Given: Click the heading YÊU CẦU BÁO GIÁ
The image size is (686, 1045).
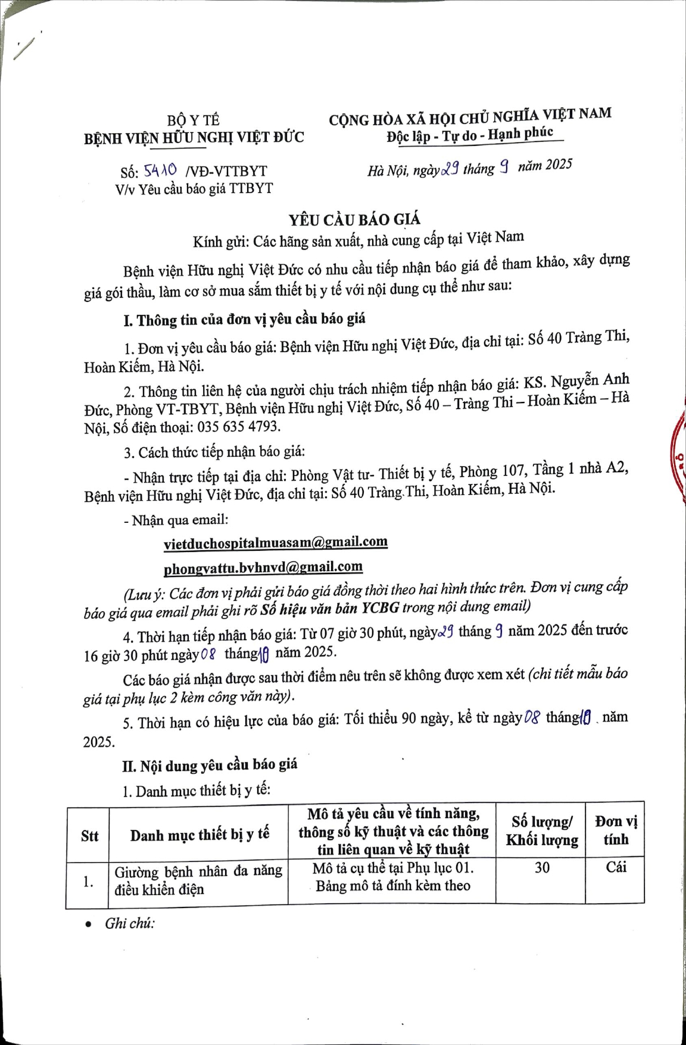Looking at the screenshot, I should (x=354, y=220).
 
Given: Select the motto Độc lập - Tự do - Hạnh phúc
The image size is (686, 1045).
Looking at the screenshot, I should (x=469, y=135).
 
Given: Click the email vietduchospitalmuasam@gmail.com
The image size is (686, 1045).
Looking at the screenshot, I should (x=275, y=542).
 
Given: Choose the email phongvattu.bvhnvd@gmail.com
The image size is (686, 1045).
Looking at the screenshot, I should (x=263, y=567).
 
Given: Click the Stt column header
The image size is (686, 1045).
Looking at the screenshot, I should (x=89, y=835).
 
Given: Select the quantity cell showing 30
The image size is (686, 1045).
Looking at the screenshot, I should (x=542, y=868).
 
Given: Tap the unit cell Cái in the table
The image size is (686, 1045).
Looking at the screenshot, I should (x=616, y=867).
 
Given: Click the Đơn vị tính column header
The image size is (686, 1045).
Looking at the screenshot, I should (x=616, y=831).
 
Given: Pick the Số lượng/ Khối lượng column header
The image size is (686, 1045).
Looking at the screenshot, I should (x=542, y=831).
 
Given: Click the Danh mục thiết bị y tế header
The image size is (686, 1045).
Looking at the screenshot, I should (x=199, y=835).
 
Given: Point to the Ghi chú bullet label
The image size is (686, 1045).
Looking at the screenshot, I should (x=130, y=924).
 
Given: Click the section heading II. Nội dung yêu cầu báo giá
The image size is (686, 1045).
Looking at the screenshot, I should (x=210, y=765).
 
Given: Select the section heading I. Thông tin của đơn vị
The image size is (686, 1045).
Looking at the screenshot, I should (x=244, y=320).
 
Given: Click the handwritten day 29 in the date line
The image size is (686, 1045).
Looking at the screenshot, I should (x=448, y=169).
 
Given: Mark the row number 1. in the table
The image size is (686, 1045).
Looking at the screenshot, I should (x=88, y=882).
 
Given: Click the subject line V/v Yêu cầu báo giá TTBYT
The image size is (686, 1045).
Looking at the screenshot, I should (x=194, y=189).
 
